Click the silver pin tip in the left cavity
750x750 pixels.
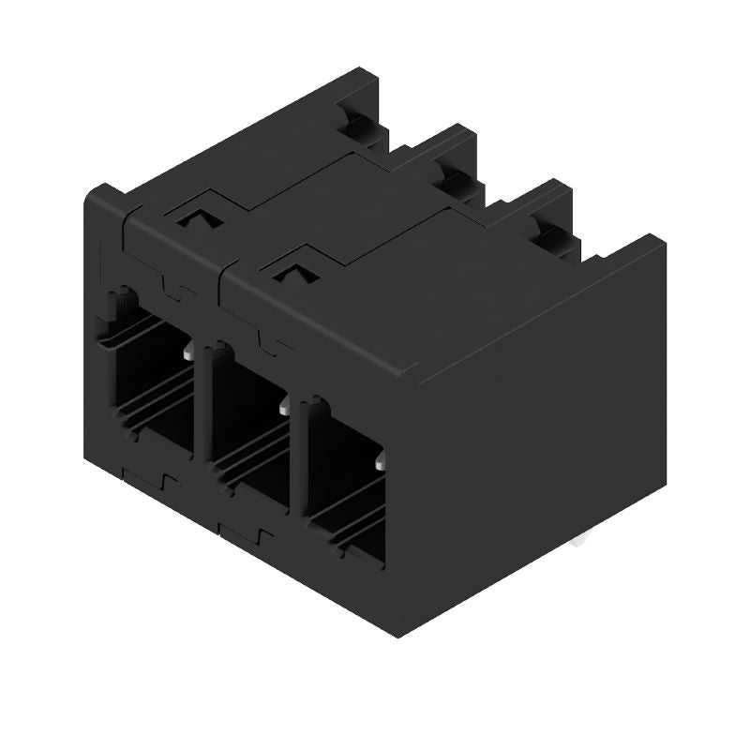point(189,353)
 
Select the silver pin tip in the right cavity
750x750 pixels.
point(380,463)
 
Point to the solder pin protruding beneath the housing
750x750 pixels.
point(583,539)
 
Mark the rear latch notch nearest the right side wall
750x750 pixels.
point(548,231)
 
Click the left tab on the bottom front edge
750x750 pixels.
point(150,484)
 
